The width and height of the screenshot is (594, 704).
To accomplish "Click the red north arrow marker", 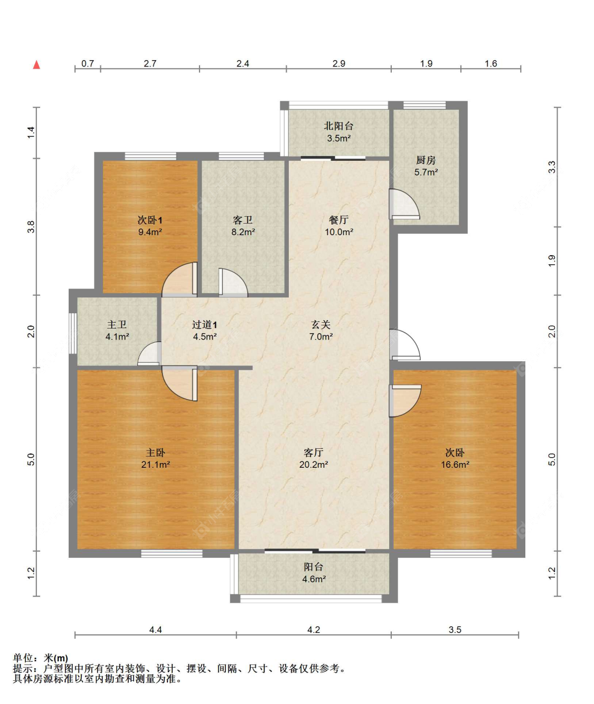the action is tap(36, 65).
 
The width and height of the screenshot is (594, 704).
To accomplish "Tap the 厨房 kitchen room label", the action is tap(426, 160).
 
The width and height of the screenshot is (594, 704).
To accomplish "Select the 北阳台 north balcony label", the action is tap(338, 126).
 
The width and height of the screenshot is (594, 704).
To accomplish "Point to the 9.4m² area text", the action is tap(150, 232).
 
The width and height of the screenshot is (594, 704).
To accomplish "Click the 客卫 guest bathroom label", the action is tap(242, 220).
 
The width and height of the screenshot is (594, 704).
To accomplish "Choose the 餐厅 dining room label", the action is tap(338, 220).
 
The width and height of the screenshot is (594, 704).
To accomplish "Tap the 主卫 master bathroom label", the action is tap(117, 325).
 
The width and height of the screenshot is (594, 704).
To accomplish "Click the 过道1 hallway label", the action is tap(205, 325).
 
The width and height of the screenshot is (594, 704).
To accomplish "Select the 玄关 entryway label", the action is tap(320, 325).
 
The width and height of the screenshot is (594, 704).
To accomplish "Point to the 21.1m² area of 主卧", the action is tap(155, 465).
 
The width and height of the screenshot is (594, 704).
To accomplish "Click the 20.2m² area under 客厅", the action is tap(314, 465).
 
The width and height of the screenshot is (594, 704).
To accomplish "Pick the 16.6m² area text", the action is tap(455, 465).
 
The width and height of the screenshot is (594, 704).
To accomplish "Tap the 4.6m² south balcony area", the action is tap(314, 579).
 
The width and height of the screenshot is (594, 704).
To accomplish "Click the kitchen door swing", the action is tap(404, 204).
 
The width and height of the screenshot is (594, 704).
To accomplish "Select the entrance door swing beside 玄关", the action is tap(404, 344).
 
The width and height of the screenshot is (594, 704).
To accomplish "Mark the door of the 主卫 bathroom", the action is tap(149, 353).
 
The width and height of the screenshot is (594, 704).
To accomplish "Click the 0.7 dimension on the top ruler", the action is tap(88, 63).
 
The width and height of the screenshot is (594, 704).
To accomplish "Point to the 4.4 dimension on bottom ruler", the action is tap(155, 630).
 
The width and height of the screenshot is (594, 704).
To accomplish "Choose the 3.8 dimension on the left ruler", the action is tap(31, 227).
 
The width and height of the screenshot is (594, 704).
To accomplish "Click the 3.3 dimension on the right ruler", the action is tap(551, 167).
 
